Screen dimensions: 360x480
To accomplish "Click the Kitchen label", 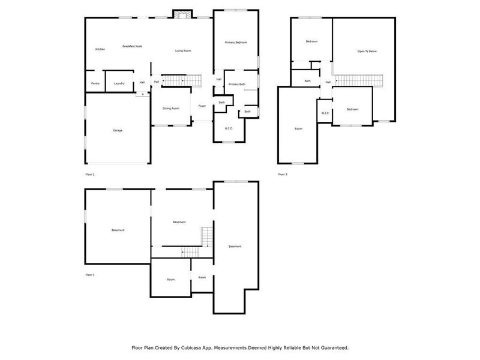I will coord(100,49).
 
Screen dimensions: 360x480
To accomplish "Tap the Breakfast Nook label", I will coord(132,46).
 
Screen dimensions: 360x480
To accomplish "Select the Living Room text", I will coord(183,51).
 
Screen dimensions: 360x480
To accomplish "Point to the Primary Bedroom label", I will coord(236,43).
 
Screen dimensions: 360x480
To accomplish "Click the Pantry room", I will coord(95,83).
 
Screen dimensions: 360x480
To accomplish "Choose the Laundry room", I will coord(119,83).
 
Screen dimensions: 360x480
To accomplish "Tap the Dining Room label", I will coord(171,109).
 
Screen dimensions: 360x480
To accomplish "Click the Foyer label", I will coord(202,106).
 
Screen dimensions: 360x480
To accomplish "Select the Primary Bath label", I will coord(237,85).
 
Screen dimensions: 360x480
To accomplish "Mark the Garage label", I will coord(118,130).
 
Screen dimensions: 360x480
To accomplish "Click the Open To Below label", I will coord(367,52).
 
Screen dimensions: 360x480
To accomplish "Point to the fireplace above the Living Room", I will coord(182,14).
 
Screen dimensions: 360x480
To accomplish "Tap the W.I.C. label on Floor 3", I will coord(325,113).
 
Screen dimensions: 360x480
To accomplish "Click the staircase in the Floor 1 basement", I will coord(207,237).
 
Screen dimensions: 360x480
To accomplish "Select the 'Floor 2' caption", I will coord(90,174).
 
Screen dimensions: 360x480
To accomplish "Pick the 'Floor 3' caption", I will coord(283,174).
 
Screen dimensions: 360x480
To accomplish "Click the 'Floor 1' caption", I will coord(90,275).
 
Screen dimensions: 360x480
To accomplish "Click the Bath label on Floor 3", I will coord(308,81).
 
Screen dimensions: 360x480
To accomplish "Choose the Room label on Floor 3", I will coord(298,129).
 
